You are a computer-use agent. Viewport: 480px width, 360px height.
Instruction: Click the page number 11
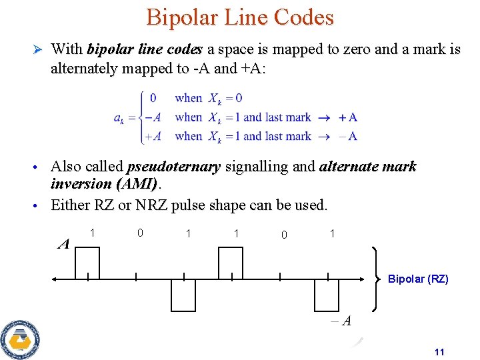click(439, 352)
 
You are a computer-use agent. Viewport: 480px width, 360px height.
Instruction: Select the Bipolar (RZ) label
click(418, 279)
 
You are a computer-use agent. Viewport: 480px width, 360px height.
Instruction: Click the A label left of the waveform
click(64, 244)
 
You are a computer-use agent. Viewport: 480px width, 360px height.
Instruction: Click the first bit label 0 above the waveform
click(140, 233)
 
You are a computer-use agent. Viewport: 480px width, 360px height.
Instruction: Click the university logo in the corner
click(20, 339)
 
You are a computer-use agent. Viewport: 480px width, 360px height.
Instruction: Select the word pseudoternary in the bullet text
click(173, 167)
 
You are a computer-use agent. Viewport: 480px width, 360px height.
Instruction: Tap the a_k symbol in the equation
click(118, 118)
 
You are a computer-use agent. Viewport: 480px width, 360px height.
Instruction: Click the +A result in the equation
click(348, 117)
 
